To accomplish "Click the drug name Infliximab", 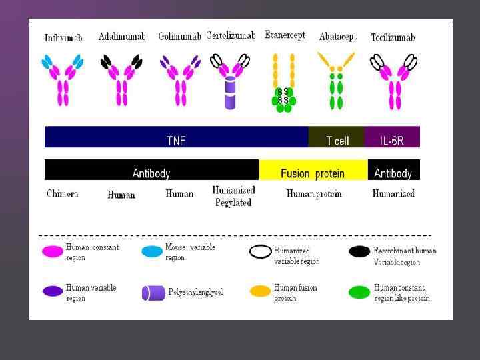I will click(x=63, y=38).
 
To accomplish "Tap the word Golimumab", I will click(x=179, y=36).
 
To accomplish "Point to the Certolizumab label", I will click(x=231, y=35).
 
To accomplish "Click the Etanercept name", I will click(x=285, y=35).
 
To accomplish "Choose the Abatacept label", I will click(x=337, y=37).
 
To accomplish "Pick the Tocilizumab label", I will click(x=393, y=37).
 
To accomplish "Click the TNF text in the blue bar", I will click(x=176, y=140).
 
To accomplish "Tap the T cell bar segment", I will click(x=337, y=140).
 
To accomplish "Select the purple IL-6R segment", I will click(x=392, y=140).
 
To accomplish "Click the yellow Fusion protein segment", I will click(x=313, y=173).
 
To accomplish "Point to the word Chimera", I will click(x=63, y=194).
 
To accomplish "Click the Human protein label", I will click(x=314, y=194).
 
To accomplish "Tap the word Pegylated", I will click(x=233, y=203).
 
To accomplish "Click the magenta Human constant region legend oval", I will click(x=52, y=252).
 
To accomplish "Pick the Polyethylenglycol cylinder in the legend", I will click(x=154, y=293).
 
